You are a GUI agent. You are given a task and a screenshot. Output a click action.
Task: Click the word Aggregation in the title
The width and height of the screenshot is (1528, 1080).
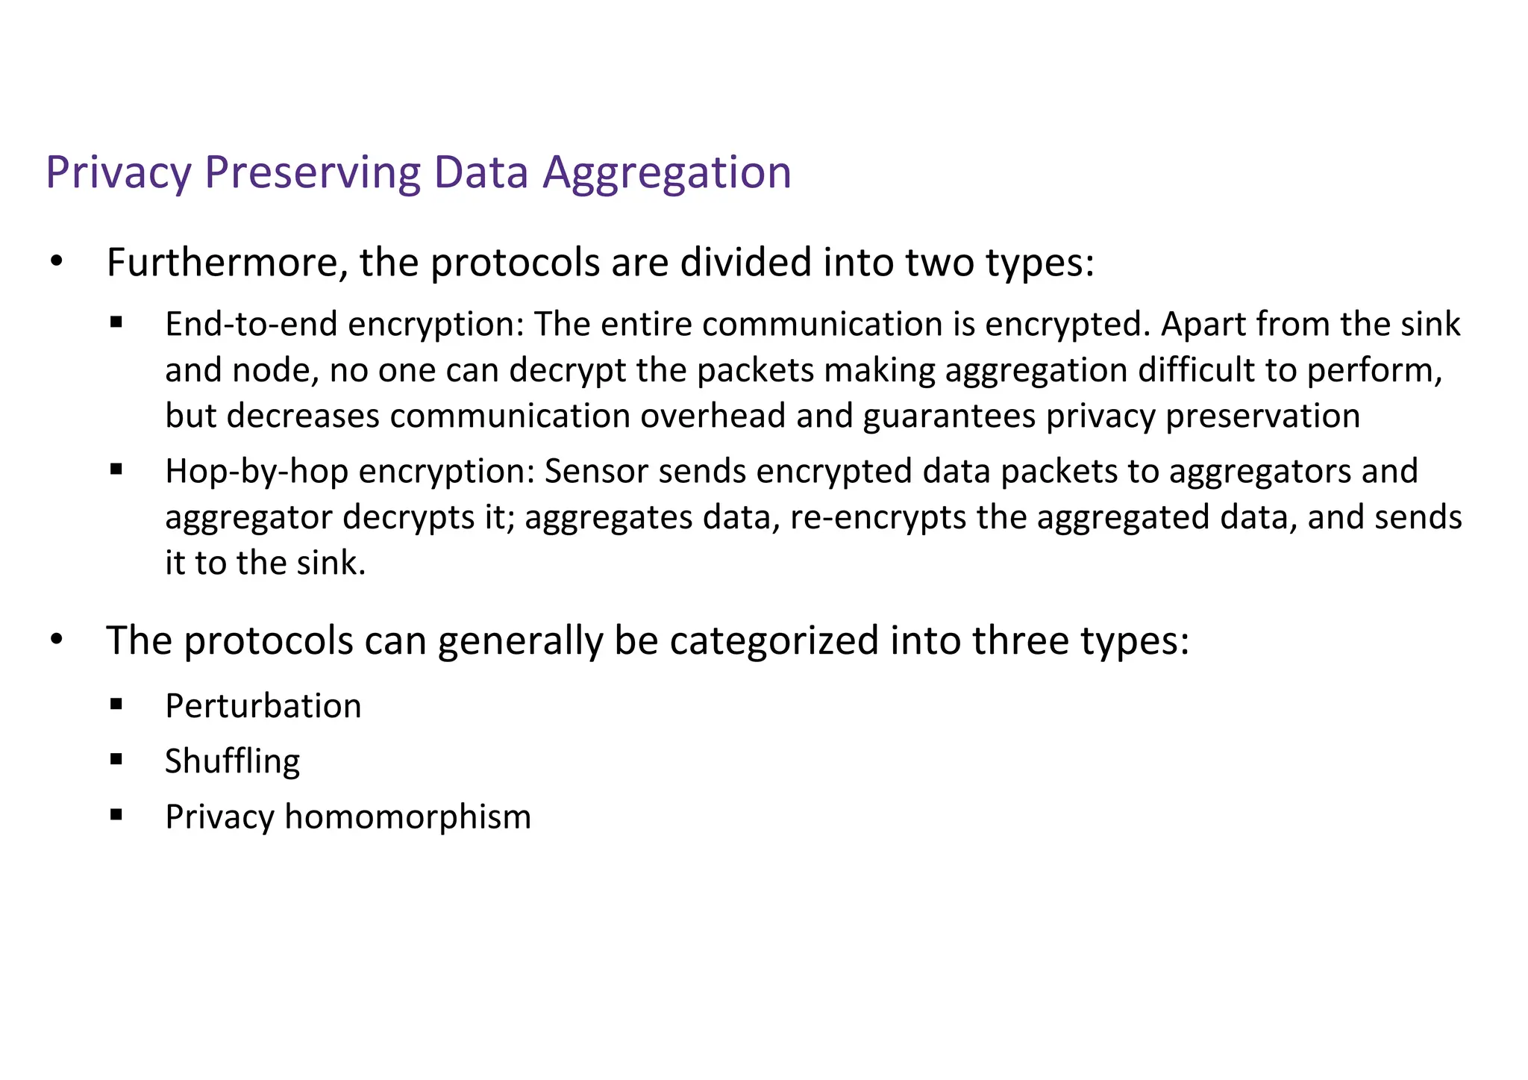coord(666,173)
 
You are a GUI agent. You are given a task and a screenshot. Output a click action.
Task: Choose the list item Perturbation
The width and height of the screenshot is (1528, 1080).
coord(263,706)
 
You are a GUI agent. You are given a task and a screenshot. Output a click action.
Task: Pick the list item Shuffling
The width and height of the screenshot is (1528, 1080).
coord(232,761)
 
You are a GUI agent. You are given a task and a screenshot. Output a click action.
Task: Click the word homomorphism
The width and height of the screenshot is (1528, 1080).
coord(407,817)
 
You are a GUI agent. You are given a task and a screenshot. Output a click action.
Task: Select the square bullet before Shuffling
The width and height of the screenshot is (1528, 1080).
coord(116,760)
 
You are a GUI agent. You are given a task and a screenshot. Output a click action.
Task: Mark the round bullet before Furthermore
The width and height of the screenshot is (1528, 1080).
coord(56,263)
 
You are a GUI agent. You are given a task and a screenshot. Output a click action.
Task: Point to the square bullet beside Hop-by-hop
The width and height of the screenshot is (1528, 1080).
coord(116,470)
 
